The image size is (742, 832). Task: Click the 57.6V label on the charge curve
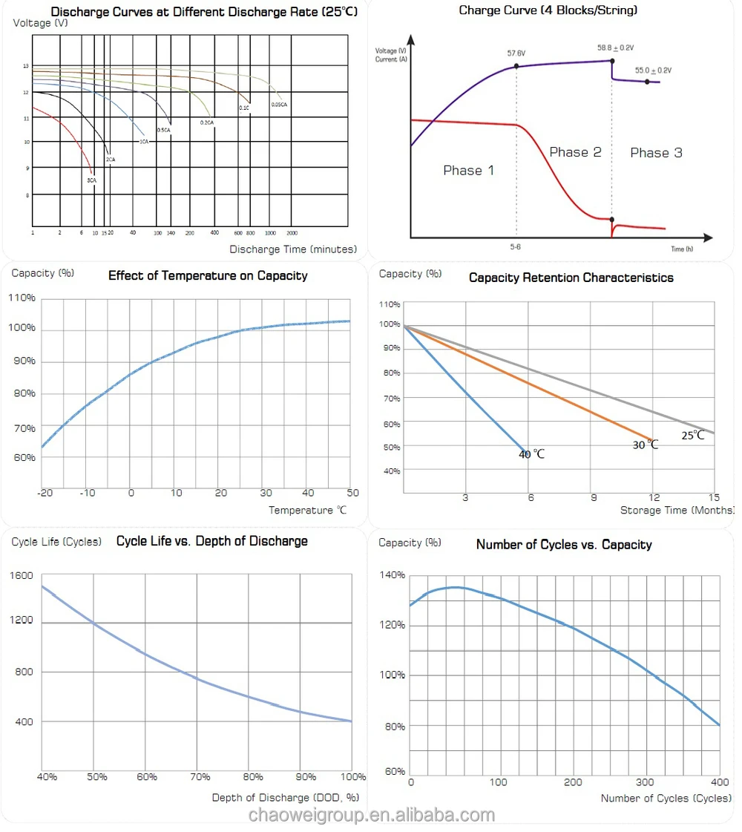pyautogui.click(x=516, y=53)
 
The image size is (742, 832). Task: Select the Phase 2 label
pyautogui.click(x=575, y=152)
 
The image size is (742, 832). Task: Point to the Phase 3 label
pyautogui.click(x=656, y=153)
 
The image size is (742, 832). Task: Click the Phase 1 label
pyautogui.click(x=468, y=171)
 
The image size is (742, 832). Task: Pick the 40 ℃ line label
pyautogui.click(x=531, y=454)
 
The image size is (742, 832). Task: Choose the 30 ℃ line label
pyautogui.click(x=645, y=445)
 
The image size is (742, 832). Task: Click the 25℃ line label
pyautogui.click(x=693, y=436)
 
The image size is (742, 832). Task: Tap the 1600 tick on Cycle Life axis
pyautogui.click(x=22, y=575)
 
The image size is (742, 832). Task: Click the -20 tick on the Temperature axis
pyautogui.click(x=46, y=493)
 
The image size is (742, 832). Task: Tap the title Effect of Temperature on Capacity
pyautogui.click(x=208, y=275)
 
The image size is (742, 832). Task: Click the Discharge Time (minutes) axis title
pyautogui.click(x=293, y=249)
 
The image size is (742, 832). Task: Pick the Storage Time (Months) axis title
pyautogui.click(x=677, y=511)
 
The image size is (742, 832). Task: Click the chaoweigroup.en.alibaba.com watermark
pyautogui.click(x=371, y=816)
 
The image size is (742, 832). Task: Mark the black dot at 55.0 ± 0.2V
pyautogui.click(x=647, y=81)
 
